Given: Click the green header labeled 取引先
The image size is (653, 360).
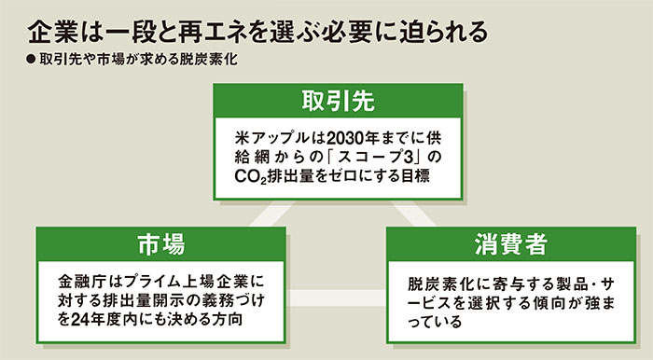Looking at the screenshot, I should tap(326, 99).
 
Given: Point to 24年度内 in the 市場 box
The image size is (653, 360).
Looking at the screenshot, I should tap(95, 319).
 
